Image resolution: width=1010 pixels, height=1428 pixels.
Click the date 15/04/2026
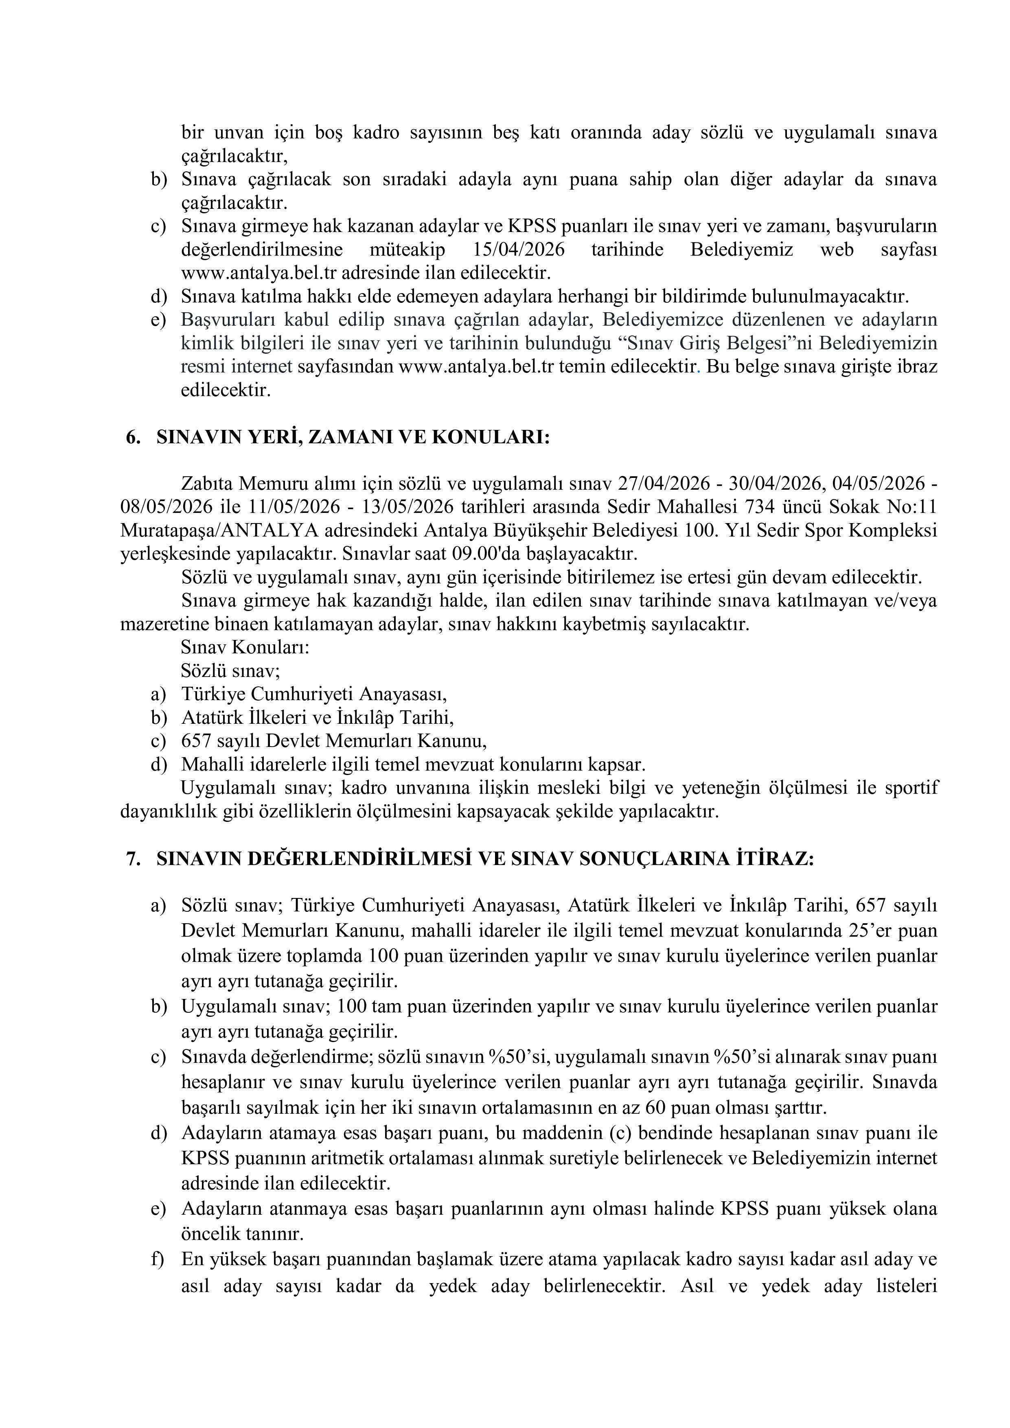[519, 250]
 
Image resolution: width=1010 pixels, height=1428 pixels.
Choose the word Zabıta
[208, 483]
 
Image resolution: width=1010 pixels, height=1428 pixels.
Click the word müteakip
[408, 250]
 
